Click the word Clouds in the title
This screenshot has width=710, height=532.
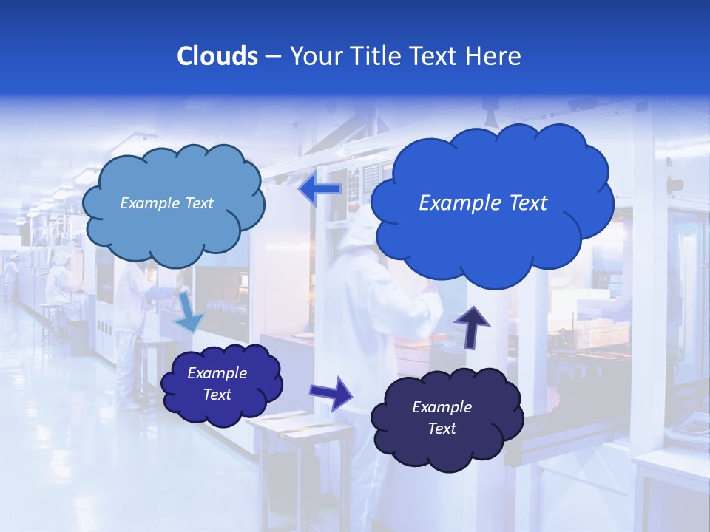coord(217,56)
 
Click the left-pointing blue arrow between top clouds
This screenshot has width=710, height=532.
coord(319,191)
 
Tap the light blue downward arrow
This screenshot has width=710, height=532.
coord(189,313)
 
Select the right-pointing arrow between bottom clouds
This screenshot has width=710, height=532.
coord(331,392)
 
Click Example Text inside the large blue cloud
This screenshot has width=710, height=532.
coord(483,203)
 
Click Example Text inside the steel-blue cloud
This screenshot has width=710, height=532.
coord(166,203)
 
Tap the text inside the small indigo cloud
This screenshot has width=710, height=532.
coord(217,384)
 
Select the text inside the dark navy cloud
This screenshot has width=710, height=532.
coord(442,418)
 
